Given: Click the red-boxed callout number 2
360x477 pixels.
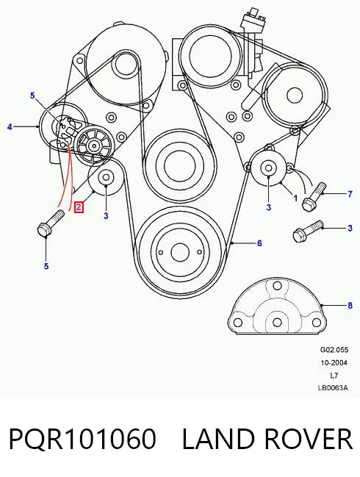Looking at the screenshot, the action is coord(79,207).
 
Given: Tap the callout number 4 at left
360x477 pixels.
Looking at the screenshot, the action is coord(10,126).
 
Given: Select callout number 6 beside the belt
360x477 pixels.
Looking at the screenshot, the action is coord(259,243).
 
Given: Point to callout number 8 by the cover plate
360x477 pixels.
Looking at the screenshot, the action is coord(350,305).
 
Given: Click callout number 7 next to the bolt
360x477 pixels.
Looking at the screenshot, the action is coord(350,194).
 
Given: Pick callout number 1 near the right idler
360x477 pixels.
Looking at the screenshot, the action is coord(295,198).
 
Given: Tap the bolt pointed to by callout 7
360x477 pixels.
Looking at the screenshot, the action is coord(314,196).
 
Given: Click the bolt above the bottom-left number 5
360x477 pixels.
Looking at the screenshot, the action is coord(51,223).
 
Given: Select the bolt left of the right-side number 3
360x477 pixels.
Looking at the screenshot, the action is coord(307,232).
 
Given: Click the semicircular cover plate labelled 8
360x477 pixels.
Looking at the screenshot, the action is coord(277,306).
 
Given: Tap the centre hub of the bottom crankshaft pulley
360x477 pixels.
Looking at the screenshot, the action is coord(180,252).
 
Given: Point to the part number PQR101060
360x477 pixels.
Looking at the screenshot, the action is coord(83,438).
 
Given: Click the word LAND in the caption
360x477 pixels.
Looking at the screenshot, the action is coord(219,438).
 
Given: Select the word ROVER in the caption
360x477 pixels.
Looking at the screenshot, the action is coord(309,438).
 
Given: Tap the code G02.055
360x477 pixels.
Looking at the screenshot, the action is coord(334,350).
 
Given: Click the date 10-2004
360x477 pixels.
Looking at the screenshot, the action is coord(334,362).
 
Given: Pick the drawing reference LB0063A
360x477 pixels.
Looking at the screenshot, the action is coord(333,388).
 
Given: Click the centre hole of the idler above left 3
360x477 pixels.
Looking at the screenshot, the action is coord(106,178).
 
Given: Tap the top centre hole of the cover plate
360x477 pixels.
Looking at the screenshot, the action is coord(277,286).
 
